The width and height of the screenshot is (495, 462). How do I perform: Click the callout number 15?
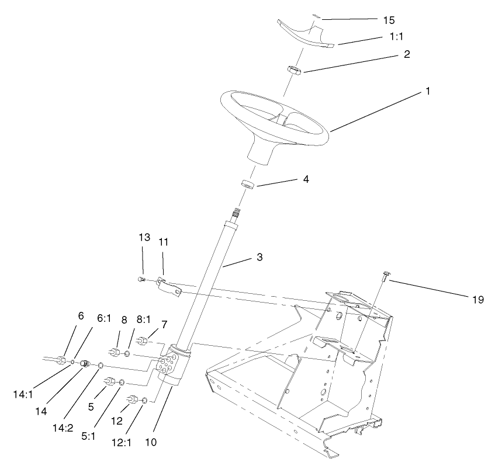coord(389,20)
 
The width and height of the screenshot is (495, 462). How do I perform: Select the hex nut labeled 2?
coord(293,71)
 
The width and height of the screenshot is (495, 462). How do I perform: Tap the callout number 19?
coord(478,300)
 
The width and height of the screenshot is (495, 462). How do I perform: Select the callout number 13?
coord(144,237)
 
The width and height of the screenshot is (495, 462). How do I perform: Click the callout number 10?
coord(151,443)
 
